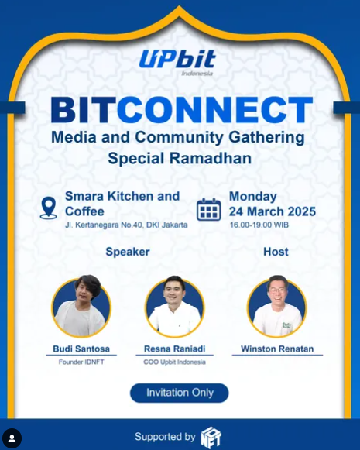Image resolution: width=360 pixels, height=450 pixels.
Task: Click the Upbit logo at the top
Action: tap(177, 62)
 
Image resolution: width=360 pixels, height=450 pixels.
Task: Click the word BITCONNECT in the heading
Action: tap(182, 110)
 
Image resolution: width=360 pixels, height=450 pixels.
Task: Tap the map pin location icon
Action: tap(48, 208)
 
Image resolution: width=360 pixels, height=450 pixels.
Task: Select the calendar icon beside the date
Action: tap(208, 209)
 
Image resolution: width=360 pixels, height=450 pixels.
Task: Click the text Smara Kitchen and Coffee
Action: tap(122, 204)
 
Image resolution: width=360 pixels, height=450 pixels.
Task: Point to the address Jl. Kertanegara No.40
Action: tap(104, 225)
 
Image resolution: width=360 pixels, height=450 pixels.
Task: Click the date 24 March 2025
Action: tap(273, 211)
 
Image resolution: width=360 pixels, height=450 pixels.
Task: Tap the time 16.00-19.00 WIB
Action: tap(259, 225)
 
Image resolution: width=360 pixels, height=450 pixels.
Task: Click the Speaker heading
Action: tap(128, 252)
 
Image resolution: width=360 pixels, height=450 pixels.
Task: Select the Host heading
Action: tap(276, 252)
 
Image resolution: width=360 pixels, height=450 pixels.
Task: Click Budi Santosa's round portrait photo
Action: tap(81, 306)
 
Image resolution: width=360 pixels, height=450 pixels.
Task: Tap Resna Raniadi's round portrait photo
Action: tap(175, 306)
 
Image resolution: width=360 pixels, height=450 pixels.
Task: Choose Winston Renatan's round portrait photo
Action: tap(277, 306)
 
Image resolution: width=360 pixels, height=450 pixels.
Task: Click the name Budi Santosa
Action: tap(81, 349)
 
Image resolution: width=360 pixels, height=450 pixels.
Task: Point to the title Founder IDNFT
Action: tap(81, 362)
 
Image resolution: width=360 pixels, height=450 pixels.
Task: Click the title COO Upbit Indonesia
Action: tap(174, 362)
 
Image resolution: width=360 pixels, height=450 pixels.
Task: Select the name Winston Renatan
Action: tap(277, 349)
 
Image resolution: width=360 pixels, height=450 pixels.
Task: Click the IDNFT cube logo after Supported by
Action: tap(211, 438)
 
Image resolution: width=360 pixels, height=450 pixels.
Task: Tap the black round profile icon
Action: tap(12, 438)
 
